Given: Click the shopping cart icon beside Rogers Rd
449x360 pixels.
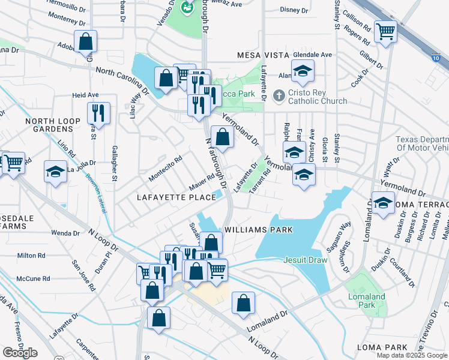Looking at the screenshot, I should pyautogui.click(x=385, y=31).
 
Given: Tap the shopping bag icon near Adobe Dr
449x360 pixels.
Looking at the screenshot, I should pyautogui.click(x=86, y=41).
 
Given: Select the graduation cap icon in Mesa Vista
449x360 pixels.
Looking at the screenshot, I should pyautogui.click(x=303, y=71).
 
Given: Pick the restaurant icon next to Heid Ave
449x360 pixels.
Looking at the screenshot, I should pyautogui.click(x=98, y=113).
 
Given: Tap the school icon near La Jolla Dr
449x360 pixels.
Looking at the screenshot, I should pyautogui.click(x=55, y=172).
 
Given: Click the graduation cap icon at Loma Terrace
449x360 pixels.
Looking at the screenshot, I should pyautogui.click(x=382, y=202).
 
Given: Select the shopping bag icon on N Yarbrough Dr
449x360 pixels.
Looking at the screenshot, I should pyautogui.click(x=222, y=136).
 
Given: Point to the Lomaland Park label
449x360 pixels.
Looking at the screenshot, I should pyautogui.click(x=364, y=301).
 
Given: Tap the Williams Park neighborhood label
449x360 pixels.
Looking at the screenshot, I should pyautogui.click(x=258, y=230).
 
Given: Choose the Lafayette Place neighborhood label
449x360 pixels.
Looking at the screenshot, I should pyautogui.click(x=176, y=197).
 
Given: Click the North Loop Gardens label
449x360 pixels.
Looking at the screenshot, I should pyautogui.click(x=53, y=125).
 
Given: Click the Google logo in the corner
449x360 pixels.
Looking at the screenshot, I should pyautogui.click(x=20, y=353).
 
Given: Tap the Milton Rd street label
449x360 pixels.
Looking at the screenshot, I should pyautogui.click(x=31, y=255).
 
